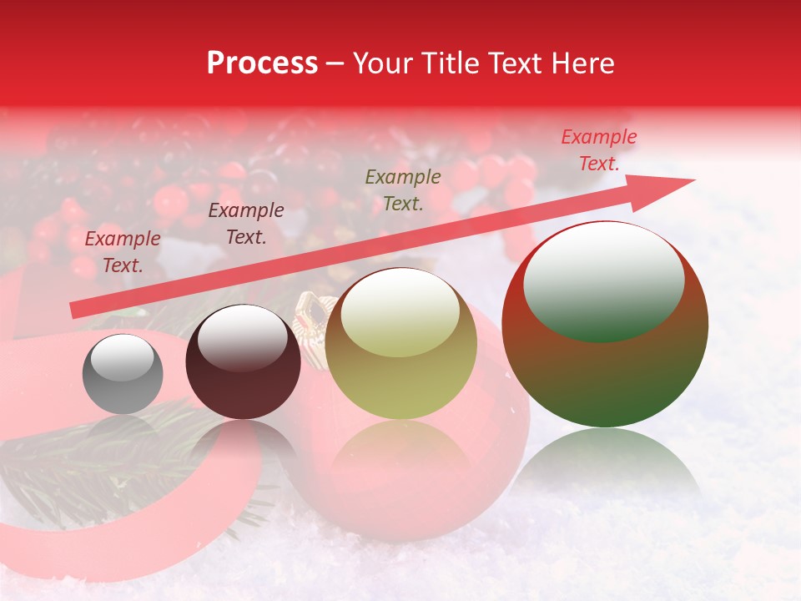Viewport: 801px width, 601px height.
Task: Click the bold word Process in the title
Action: tap(262, 63)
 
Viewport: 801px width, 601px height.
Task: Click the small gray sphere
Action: tap(123, 375)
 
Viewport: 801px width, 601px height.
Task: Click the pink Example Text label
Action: tap(599, 150)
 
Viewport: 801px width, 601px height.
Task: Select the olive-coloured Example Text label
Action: tap(403, 189)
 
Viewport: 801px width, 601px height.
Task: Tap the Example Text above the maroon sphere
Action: tap(246, 224)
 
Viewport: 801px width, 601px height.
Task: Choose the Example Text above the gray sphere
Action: tap(123, 252)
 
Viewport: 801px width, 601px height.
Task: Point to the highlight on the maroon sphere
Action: tap(243, 336)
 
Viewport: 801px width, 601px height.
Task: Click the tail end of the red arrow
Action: tap(75, 311)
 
